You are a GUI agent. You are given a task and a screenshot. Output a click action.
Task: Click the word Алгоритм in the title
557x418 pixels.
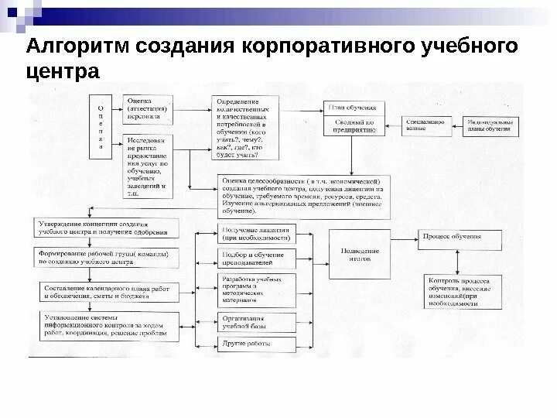point(78,46)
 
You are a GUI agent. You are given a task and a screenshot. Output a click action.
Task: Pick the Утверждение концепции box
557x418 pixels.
point(108,228)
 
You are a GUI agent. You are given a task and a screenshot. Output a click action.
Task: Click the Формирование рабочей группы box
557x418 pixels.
point(108,257)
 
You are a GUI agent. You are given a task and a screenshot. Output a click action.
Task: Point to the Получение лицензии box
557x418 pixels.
point(257,234)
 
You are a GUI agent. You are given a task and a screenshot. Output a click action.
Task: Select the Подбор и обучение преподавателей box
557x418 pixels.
point(257,259)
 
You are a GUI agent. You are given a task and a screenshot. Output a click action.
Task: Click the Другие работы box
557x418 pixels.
point(257,341)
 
